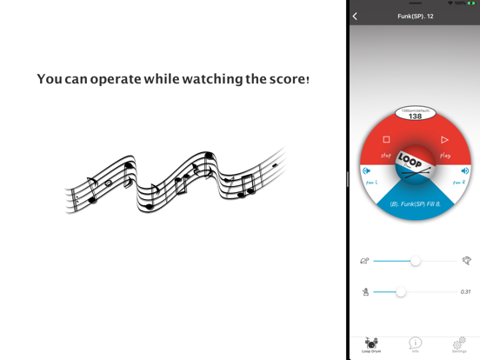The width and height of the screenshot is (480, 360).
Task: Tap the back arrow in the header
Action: click(355, 16)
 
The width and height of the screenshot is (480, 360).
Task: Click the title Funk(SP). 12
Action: click(415, 16)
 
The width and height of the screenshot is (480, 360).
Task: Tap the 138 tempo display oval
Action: click(415, 114)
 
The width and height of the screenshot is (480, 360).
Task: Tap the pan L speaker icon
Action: click(366, 171)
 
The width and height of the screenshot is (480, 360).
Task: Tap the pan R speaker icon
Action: click(465, 171)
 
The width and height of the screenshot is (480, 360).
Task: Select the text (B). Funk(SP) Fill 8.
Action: click(415, 204)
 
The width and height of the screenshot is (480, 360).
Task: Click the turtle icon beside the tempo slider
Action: click(364, 261)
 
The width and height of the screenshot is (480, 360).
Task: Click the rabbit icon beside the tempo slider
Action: click(467, 261)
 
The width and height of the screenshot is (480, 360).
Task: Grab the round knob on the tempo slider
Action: click(415, 261)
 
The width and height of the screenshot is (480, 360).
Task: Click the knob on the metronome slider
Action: click(400, 292)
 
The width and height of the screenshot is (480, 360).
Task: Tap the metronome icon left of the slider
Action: click(365, 292)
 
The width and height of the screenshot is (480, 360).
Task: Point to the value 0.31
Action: click(465, 292)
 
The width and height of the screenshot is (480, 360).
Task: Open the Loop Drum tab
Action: click(371, 344)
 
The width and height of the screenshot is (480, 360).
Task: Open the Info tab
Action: click(415, 344)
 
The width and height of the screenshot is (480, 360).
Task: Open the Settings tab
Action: click(459, 344)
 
